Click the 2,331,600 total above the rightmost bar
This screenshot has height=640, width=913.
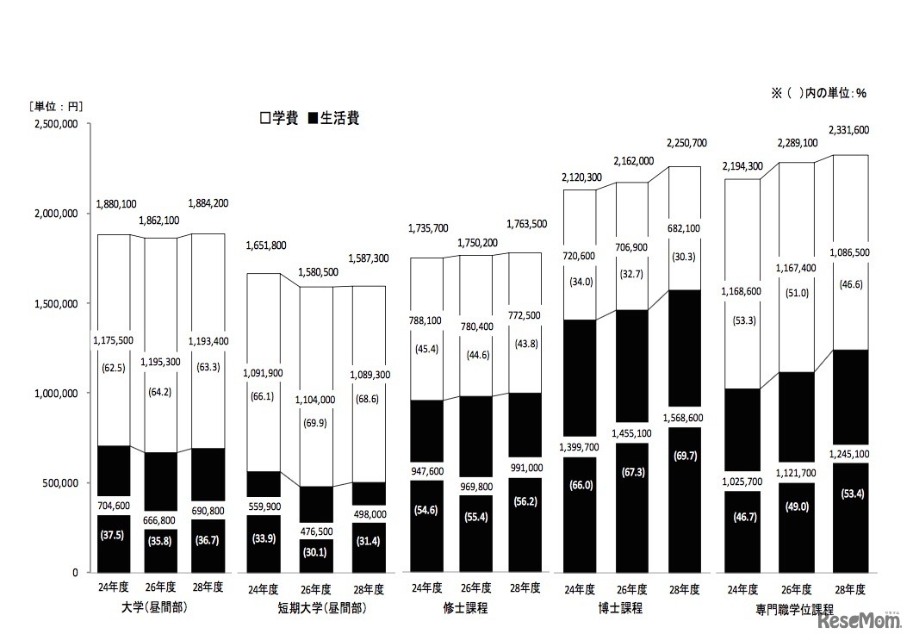(848, 130)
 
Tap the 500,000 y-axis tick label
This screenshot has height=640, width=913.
(60, 482)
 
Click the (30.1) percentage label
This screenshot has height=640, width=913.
(316, 552)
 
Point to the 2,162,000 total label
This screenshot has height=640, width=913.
(633, 161)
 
